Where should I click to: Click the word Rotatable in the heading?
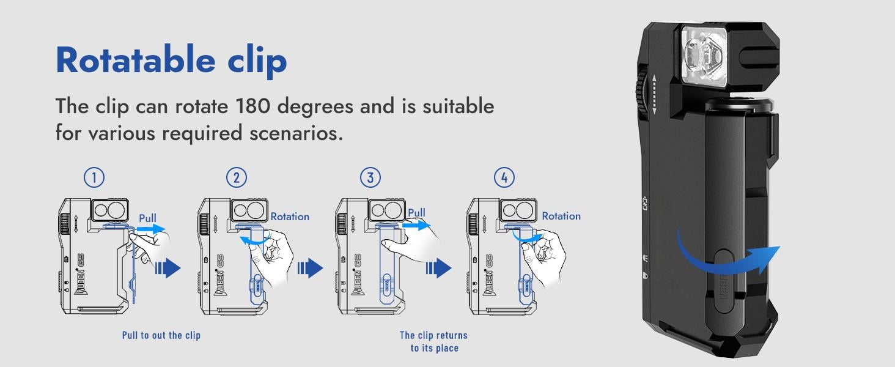pyautogui.click(x=136, y=60)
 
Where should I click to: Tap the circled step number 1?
pyautogui.click(x=94, y=177)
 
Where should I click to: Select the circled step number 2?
pyautogui.click(x=237, y=177)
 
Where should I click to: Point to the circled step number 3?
pyautogui.click(x=370, y=177)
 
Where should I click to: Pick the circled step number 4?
pyautogui.click(x=504, y=177)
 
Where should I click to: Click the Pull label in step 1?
pyautogui.click(x=147, y=218)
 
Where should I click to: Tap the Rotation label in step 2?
pyautogui.click(x=290, y=217)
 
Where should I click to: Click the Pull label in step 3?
pyautogui.click(x=416, y=213)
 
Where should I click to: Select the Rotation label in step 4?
pyautogui.click(x=561, y=216)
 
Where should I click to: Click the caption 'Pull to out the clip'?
pyautogui.click(x=161, y=335)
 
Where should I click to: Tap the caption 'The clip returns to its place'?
pyautogui.click(x=433, y=341)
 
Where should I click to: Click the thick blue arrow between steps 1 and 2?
pyautogui.click(x=168, y=268)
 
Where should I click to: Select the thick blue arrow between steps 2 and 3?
pyautogui.click(x=310, y=268)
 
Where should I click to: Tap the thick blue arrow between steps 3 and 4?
pyautogui.click(x=438, y=268)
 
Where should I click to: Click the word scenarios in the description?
pyautogui.click(x=296, y=133)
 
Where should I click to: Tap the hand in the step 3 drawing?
pyautogui.click(x=411, y=244)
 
